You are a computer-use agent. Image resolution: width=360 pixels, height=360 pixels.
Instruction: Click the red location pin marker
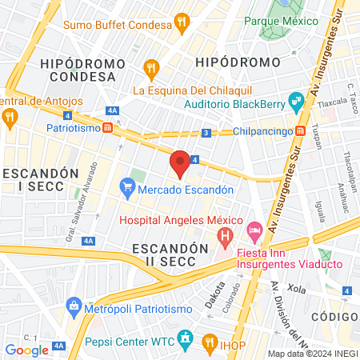181,163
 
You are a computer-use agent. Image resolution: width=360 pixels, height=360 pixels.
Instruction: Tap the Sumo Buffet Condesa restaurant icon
182,22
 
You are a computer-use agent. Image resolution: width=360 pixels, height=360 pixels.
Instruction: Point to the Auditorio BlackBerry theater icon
295,100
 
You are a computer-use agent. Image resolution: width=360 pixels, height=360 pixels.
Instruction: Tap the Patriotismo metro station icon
118,127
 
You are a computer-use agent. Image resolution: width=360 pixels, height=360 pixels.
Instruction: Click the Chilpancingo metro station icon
300,130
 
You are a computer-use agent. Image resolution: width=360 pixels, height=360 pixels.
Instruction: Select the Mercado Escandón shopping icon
126,189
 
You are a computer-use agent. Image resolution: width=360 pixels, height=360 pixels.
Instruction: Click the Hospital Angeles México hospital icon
225,238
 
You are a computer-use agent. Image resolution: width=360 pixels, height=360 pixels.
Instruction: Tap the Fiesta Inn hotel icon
254,231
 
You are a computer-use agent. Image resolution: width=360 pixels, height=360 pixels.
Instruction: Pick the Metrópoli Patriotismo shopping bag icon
74,306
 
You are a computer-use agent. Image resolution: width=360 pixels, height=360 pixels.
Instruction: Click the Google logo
27,350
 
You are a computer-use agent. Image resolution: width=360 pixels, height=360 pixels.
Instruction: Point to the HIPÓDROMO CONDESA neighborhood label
83,70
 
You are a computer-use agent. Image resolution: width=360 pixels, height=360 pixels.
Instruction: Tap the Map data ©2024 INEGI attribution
312,353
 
